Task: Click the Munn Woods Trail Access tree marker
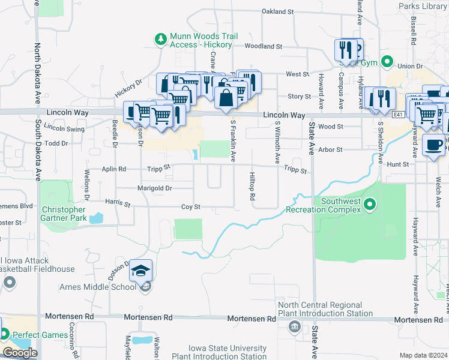pos(160,40)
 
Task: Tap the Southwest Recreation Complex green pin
pos(370,205)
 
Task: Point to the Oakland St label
pos(278,11)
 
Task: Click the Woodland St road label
pos(263,46)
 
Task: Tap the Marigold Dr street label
pos(155,188)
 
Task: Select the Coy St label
pos(190,207)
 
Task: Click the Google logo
pos(20,353)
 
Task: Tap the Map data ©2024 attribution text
pos(423,355)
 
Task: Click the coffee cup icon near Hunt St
pos(433,145)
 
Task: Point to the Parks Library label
pos(423,6)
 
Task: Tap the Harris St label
pos(118,204)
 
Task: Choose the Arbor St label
pos(330,149)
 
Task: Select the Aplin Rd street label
pos(113,170)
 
